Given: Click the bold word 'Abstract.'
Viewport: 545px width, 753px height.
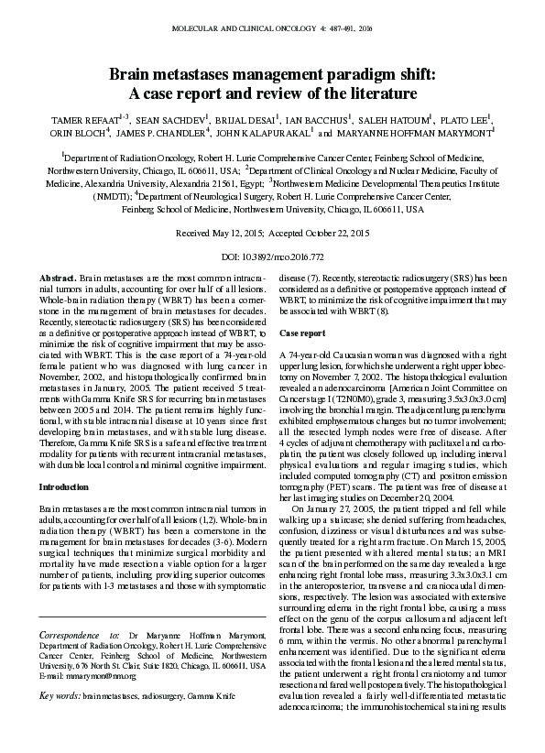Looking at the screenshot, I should tap(59, 277).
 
